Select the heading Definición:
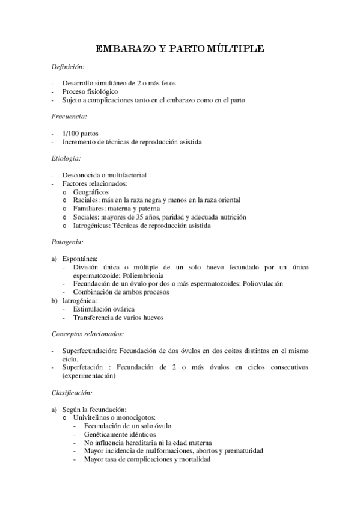69,67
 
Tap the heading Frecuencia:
70,116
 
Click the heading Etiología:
67,158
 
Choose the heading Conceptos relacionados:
88,333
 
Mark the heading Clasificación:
72,392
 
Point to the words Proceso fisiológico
90,91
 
